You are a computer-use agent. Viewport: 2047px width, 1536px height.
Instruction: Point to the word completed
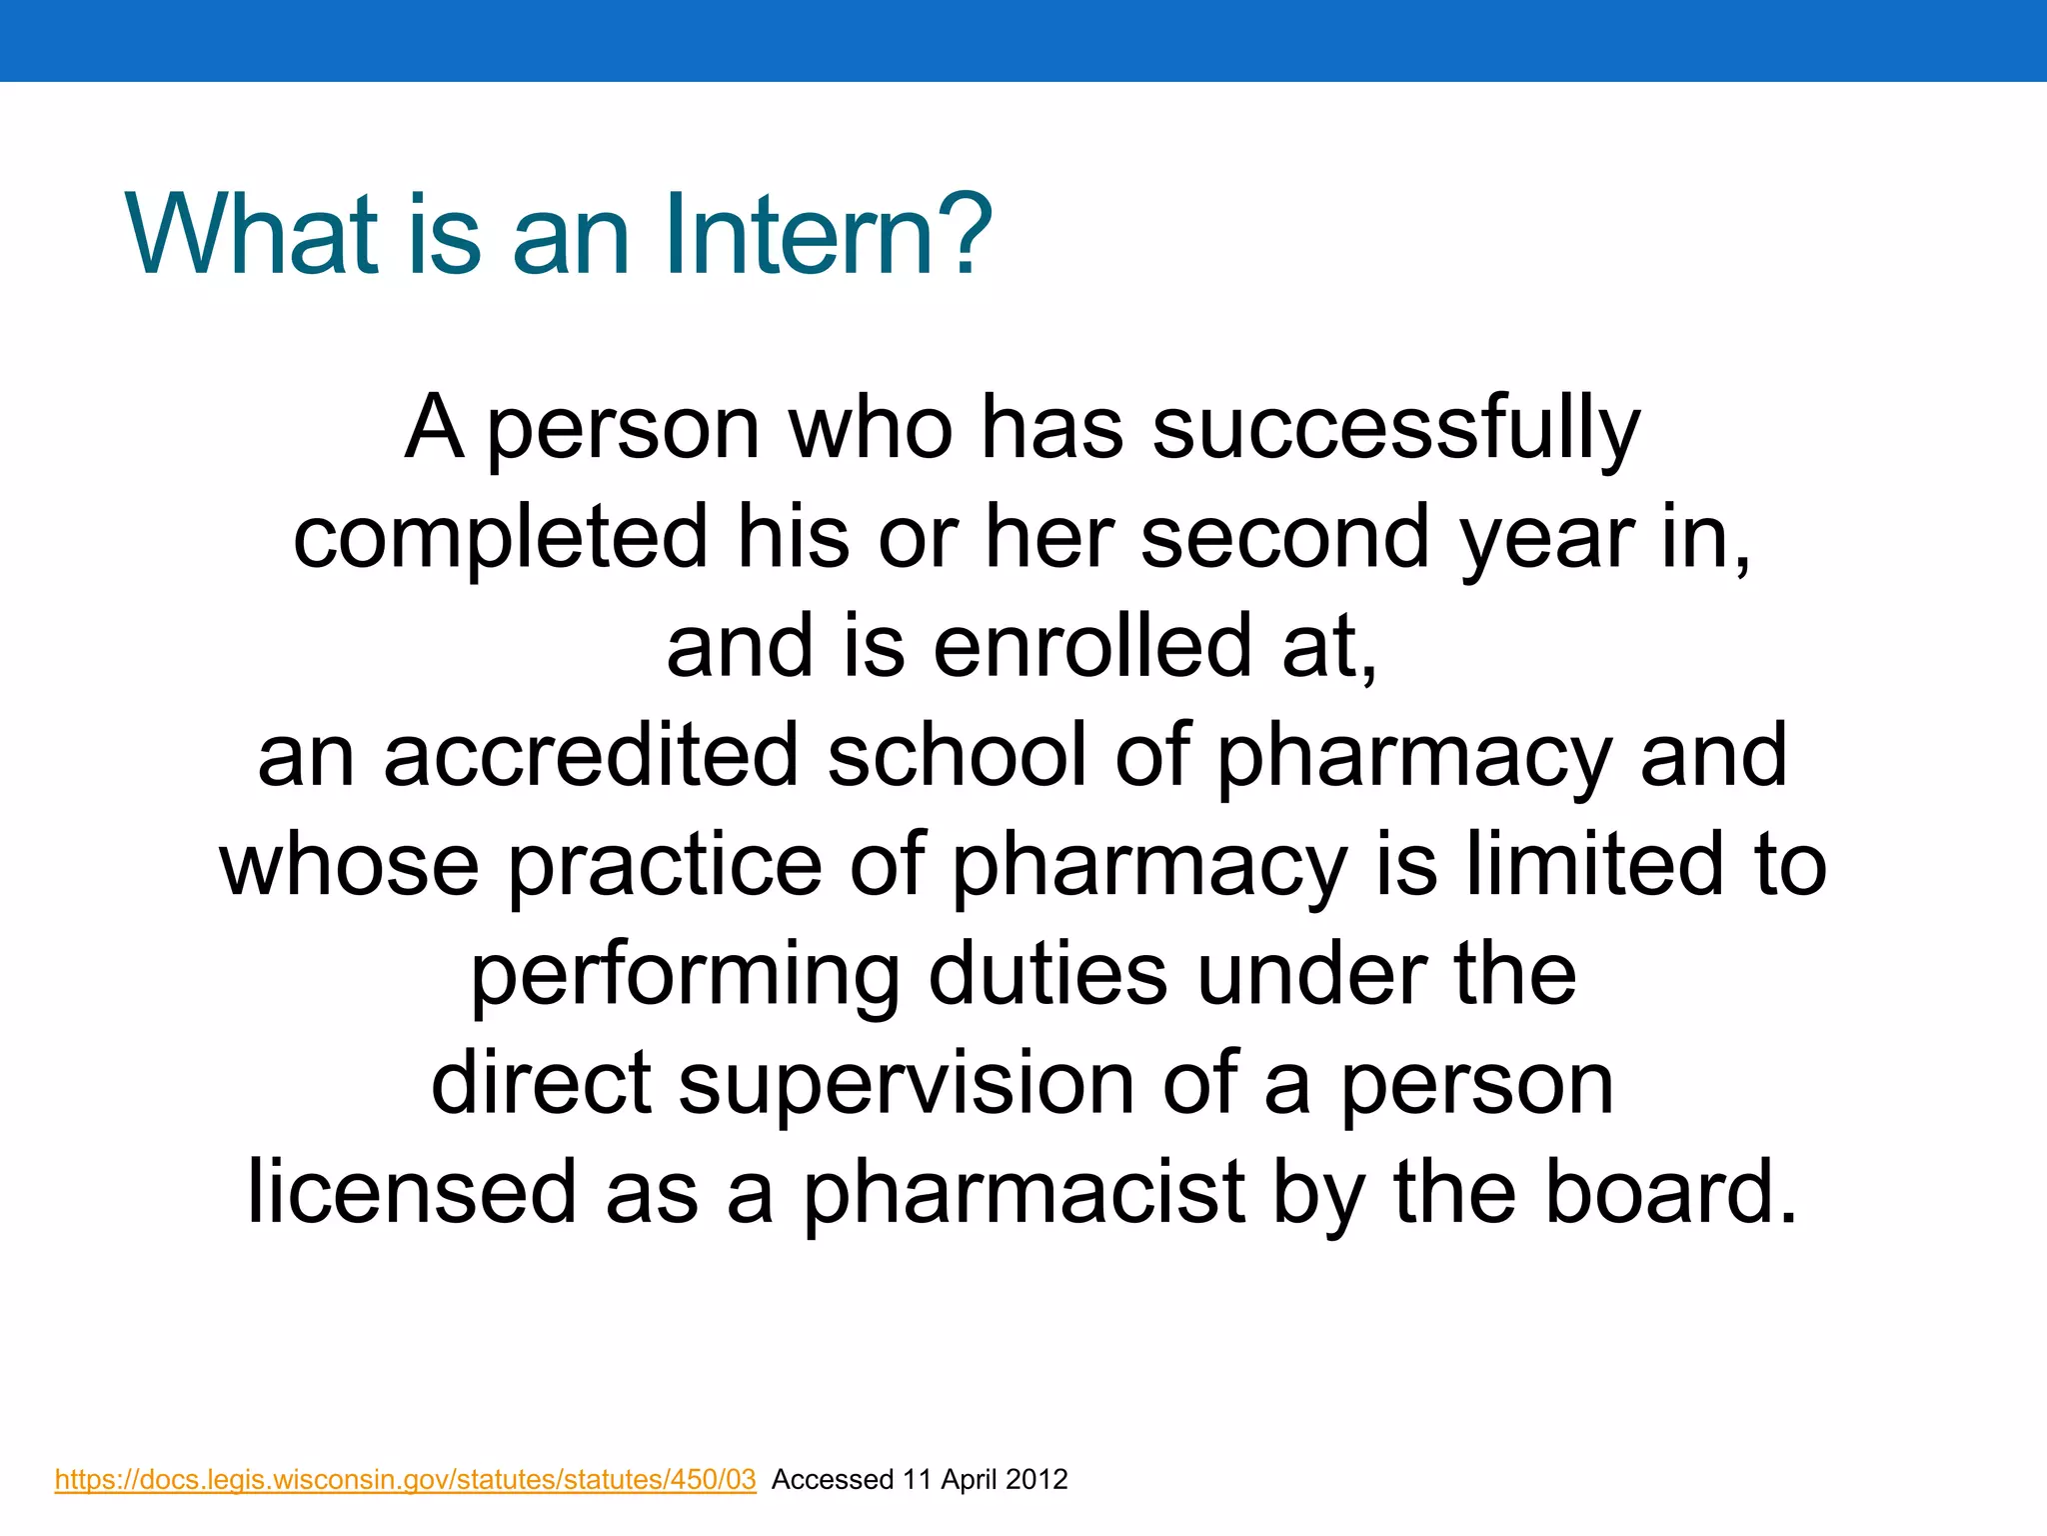[500, 537]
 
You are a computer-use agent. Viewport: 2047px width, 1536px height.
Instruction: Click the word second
[1285, 537]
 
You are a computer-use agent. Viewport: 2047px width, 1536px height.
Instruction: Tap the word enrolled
[1091, 646]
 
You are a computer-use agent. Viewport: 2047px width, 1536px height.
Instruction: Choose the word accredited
[590, 756]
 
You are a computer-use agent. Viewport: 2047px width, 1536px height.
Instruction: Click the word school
[956, 756]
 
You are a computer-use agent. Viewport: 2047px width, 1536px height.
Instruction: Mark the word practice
[665, 865]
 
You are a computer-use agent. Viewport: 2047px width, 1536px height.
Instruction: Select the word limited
[1594, 865]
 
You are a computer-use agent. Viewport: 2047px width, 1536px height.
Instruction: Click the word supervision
[906, 1084]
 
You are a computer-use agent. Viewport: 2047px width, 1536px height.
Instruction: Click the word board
[1671, 1192]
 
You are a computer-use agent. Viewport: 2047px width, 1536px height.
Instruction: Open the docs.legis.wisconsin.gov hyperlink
[405, 1480]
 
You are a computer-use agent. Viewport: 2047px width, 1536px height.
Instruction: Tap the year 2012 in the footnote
[1036, 1480]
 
